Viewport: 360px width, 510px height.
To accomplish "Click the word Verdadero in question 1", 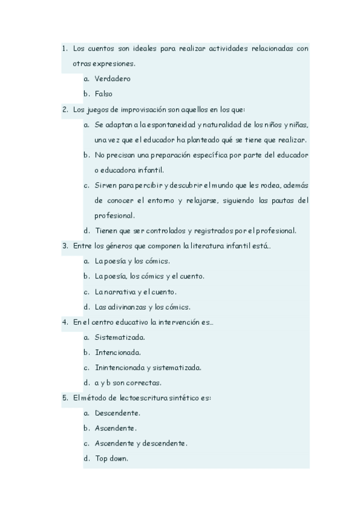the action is [112, 78].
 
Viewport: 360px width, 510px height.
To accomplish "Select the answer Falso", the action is [103, 93].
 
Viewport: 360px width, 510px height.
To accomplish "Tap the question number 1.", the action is [64, 48].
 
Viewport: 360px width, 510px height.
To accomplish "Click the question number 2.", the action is [64, 109].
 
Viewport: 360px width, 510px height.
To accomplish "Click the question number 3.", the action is [64, 245].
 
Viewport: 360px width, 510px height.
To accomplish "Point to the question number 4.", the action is [64, 322].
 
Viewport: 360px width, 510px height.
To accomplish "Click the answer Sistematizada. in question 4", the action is [120, 337].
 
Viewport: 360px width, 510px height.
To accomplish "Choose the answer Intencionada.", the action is [118, 352].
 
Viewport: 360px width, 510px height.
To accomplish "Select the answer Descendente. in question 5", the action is [117, 413].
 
